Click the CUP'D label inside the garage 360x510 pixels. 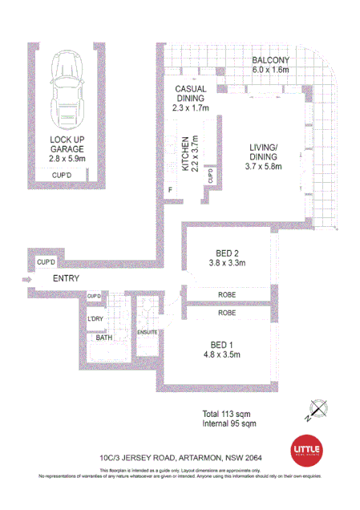coord(63,174)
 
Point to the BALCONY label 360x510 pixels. coord(270,61)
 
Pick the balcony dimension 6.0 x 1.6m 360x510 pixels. coord(270,71)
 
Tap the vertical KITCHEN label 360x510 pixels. coord(184,155)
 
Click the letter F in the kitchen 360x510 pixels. coord(169,189)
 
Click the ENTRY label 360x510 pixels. coord(67,278)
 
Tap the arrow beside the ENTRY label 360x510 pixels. coord(26,279)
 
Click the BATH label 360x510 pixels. coord(104,338)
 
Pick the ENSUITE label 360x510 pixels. coord(147,330)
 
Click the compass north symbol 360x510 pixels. coord(317,411)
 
